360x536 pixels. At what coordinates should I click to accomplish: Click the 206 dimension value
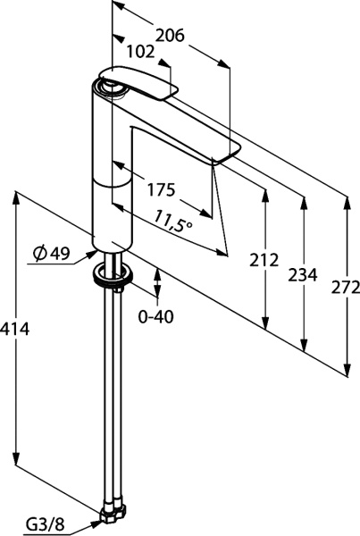tap(170, 35)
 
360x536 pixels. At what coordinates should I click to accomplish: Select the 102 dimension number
tap(140, 52)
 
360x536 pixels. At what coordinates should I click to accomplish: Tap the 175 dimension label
tap(161, 189)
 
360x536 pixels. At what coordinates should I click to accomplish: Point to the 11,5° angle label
tap(173, 222)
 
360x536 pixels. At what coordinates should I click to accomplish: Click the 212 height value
tap(264, 260)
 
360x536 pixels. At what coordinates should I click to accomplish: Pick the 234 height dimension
tap(303, 275)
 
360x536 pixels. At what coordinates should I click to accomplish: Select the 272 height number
tap(346, 287)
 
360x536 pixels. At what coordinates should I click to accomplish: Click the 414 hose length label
tap(15, 329)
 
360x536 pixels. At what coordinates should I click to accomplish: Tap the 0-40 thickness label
tap(156, 316)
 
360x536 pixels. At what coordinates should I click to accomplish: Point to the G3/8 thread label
tap(46, 523)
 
